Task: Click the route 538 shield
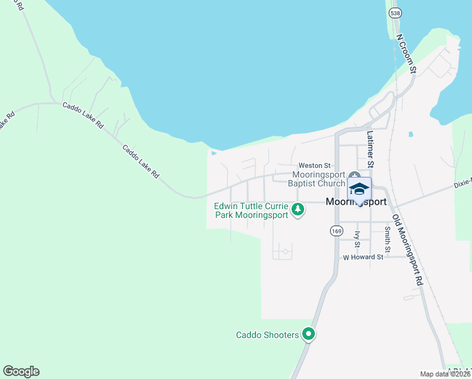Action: pos(396,13)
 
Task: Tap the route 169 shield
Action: pos(336,232)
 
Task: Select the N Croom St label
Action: pos(404,54)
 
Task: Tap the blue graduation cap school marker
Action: pos(359,189)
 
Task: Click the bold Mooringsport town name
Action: pos(356,203)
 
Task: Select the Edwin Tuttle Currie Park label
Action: pos(251,210)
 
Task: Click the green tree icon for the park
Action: pos(298,210)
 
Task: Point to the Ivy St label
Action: pos(358,238)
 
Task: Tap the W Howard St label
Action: pos(363,258)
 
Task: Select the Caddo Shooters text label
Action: pos(267,335)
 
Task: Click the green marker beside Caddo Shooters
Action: pos(309,334)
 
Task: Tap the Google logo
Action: pos(21,371)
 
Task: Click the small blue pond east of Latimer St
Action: pos(411,134)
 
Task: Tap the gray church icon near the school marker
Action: pos(355,176)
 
